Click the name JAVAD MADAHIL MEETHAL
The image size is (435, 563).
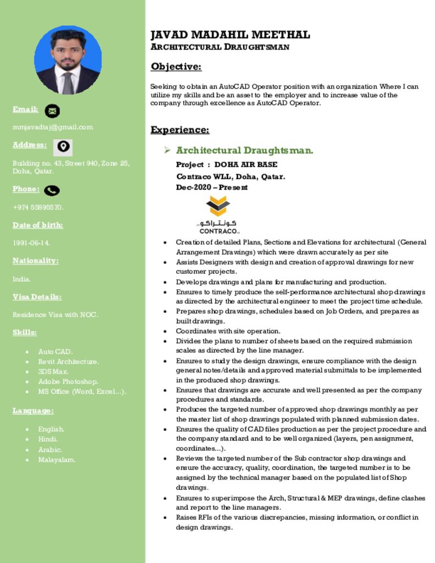click(x=230, y=35)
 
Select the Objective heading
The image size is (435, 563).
click(x=176, y=67)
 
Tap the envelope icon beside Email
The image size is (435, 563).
click(x=52, y=111)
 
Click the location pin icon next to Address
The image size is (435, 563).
click(x=63, y=147)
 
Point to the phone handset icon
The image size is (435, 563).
click(x=52, y=190)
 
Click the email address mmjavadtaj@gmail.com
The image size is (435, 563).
click(x=53, y=127)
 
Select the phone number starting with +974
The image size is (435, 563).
click(x=38, y=207)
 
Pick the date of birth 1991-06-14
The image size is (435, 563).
click(x=31, y=242)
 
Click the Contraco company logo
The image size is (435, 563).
click(x=218, y=215)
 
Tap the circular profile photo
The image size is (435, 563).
click(x=68, y=59)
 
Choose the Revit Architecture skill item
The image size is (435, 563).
click(x=68, y=362)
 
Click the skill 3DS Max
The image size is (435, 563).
click(x=53, y=372)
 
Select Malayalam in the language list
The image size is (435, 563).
click(x=57, y=460)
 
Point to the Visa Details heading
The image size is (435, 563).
click(x=37, y=297)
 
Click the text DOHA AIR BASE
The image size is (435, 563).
click(x=246, y=164)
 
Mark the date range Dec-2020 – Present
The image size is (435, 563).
click(x=212, y=187)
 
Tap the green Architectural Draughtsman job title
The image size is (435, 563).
click(x=245, y=150)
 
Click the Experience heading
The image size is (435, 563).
click(x=180, y=130)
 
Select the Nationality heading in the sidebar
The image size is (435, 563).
click(x=35, y=261)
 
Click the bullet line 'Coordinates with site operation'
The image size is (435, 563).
click(x=228, y=331)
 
